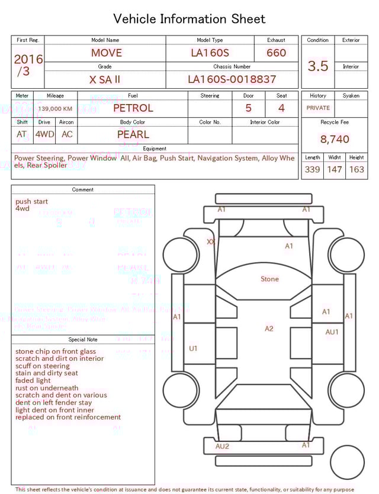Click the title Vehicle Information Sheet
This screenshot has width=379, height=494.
point(189,19)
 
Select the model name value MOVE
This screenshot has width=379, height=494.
point(107,53)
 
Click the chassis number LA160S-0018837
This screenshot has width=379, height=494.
point(232,79)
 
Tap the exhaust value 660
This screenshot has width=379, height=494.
point(276,53)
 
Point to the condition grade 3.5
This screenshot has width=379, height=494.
point(318,66)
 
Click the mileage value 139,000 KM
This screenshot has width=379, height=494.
point(55,109)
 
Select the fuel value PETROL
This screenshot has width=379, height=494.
point(133,108)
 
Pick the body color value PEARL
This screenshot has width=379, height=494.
point(133,134)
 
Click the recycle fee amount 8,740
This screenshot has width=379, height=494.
point(335,140)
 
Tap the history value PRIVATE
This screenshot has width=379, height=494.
point(318,108)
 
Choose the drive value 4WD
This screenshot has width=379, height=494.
point(44,134)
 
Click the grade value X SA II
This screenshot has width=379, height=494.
point(105,79)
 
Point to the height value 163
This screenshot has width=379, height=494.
point(356,170)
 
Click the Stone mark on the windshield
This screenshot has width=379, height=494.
point(269,279)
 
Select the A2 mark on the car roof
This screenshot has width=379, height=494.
point(269,329)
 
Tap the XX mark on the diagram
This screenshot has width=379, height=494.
point(210,242)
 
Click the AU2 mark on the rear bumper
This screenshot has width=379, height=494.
point(222,447)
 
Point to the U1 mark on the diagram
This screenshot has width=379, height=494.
point(193,349)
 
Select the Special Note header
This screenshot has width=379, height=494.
point(83,340)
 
